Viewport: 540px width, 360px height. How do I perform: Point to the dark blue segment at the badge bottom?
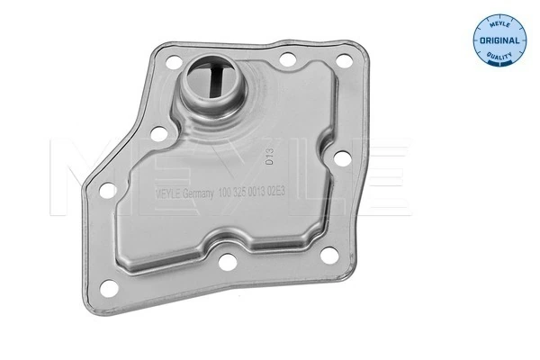coord(496,54)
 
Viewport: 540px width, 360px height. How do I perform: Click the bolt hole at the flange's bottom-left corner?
coord(107,288)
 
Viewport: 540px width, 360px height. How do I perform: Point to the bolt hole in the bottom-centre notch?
coord(226,263)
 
